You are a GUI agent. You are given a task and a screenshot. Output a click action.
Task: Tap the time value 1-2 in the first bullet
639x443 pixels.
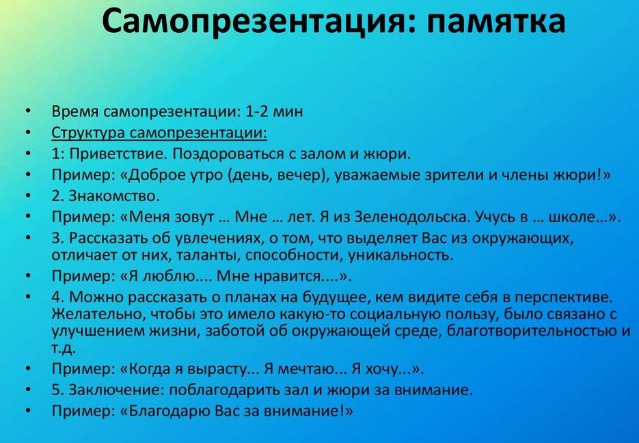click(257, 111)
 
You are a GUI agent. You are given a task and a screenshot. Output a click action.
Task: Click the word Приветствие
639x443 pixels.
click(118, 154)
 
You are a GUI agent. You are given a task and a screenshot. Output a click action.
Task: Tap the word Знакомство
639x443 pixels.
click(114, 196)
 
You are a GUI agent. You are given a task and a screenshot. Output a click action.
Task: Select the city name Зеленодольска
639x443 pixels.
click(411, 217)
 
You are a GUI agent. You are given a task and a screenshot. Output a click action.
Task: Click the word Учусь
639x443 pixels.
click(495, 217)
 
